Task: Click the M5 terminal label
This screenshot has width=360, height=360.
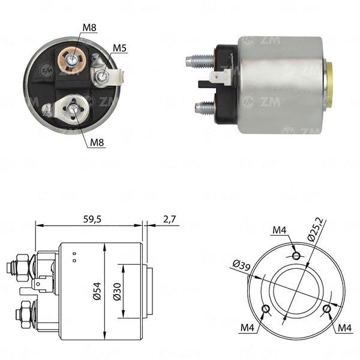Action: click(x=119, y=48)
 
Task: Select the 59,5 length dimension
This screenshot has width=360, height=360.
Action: click(x=92, y=219)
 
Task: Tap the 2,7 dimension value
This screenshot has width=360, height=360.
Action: click(x=169, y=219)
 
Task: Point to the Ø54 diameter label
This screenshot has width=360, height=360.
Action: click(x=97, y=291)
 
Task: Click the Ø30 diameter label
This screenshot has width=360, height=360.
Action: click(x=117, y=292)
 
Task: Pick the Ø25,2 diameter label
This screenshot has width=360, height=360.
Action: click(x=316, y=230)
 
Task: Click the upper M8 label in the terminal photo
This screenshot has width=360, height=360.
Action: click(x=89, y=28)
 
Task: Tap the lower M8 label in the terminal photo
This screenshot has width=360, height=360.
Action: click(x=97, y=143)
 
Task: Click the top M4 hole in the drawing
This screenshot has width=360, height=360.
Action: click(x=296, y=255)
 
